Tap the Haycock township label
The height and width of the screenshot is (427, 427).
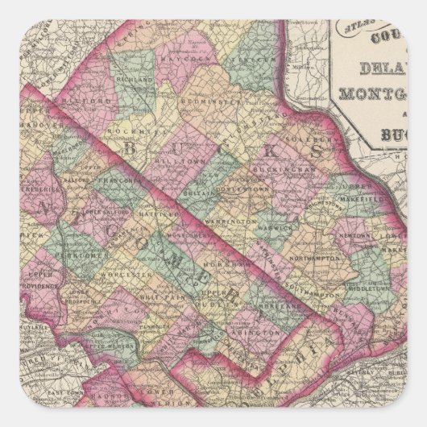click(184, 60)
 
